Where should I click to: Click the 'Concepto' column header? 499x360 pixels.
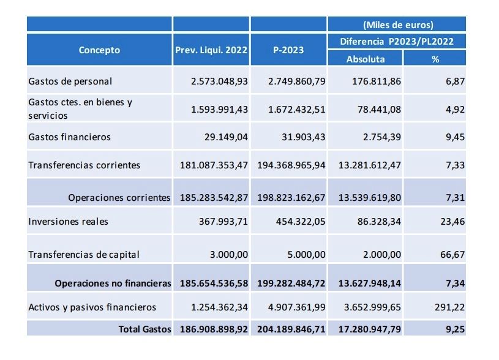pyautogui.click(x=99, y=50)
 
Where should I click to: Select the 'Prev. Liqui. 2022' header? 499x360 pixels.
pyautogui.click(x=211, y=50)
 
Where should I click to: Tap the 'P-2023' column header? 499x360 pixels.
pyautogui.click(x=288, y=50)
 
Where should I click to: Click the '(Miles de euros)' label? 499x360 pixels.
pyautogui.click(x=397, y=25)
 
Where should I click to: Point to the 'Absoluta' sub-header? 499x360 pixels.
pyautogui.click(x=366, y=59)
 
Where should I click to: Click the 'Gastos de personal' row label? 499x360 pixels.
pyautogui.click(x=70, y=81)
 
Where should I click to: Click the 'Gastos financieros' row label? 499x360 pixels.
pyautogui.click(x=70, y=137)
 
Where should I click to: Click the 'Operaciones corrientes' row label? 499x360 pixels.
pyautogui.click(x=119, y=198)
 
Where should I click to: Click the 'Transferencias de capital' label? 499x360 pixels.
pyautogui.click(x=84, y=255)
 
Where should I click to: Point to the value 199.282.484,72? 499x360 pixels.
pyautogui.click(x=289, y=283)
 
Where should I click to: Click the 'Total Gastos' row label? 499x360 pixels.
pyautogui.click(x=144, y=329)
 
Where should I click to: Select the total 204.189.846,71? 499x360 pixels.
pyautogui.click(x=289, y=329)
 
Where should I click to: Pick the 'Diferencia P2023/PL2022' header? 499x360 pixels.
pyautogui.click(x=397, y=42)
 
